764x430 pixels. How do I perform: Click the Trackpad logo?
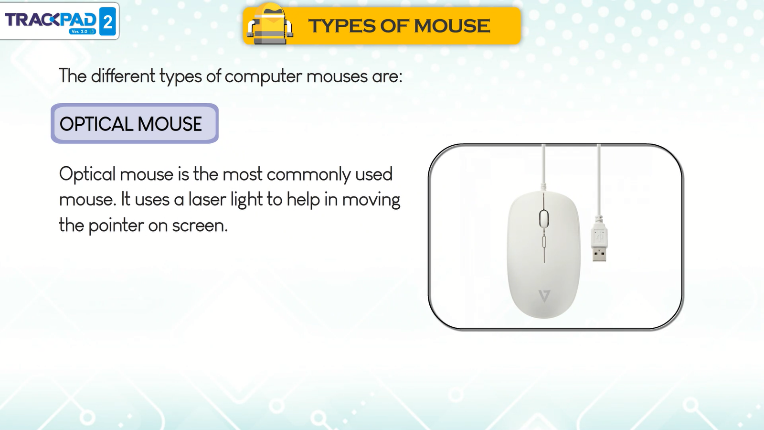click(60, 21)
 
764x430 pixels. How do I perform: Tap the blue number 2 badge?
click(107, 21)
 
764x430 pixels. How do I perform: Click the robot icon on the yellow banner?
click(270, 24)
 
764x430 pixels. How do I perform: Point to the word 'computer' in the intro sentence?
click(263, 76)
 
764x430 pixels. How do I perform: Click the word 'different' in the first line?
click(123, 75)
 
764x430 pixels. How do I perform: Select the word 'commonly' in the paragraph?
click(308, 175)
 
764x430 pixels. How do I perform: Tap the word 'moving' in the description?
click(371, 201)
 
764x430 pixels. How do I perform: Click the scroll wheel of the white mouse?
click(544, 219)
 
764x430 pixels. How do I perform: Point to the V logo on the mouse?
click(544, 296)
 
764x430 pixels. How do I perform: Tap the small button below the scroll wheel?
click(544, 241)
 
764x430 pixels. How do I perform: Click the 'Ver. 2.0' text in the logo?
click(79, 32)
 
